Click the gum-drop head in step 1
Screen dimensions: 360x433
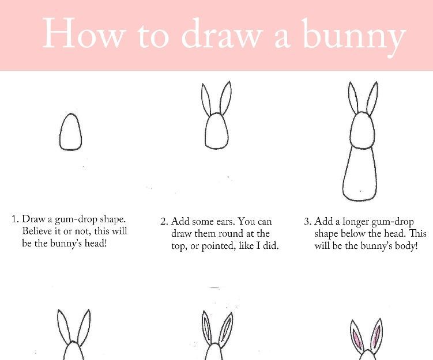click(x=70, y=132)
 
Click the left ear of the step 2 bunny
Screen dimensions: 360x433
click(x=206, y=99)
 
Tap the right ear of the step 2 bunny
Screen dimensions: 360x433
click(x=226, y=97)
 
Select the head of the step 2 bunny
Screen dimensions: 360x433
click(x=217, y=131)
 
